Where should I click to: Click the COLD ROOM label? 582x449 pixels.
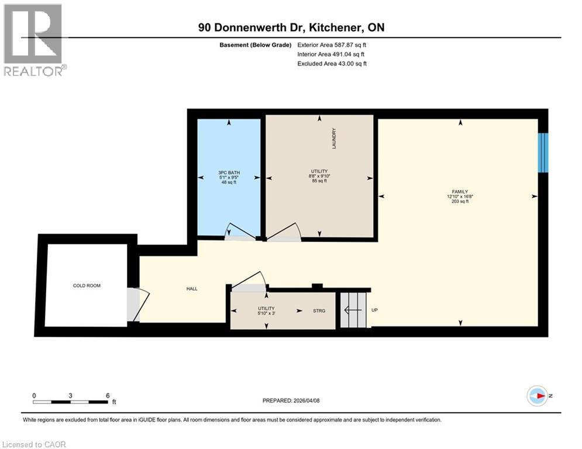tap(87, 286)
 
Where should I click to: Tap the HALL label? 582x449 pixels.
tap(191, 289)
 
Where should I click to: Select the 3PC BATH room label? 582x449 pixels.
tap(229, 172)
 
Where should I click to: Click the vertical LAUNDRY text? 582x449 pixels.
tap(334, 139)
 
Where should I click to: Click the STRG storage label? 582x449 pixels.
tap(319, 311)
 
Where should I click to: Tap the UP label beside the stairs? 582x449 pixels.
tap(374, 310)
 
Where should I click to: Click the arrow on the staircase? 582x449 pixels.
tap(353, 311)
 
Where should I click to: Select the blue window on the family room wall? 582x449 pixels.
tap(543, 153)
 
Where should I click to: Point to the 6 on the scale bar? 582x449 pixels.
tap(108, 395)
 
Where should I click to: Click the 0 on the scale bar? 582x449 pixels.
tap(35, 395)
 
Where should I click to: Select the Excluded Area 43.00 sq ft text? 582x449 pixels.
tap(332, 64)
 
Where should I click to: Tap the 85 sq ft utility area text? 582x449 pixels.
tap(319, 181)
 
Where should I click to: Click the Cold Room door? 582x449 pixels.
tap(134, 304)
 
